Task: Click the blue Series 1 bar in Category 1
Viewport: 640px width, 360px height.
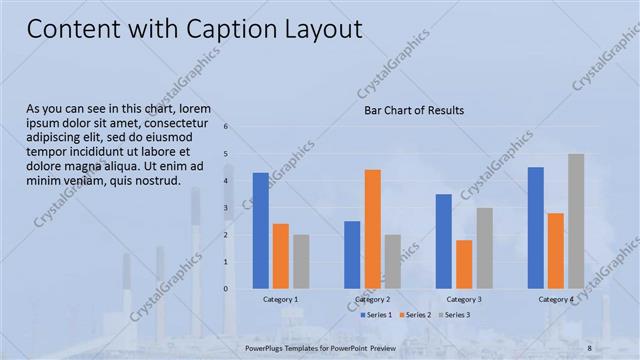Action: [x=260, y=231]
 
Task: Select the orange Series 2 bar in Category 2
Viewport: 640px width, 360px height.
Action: [x=372, y=229]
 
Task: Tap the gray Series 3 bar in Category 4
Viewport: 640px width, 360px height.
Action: [x=576, y=221]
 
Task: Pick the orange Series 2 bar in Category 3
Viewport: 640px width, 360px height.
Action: [x=464, y=264]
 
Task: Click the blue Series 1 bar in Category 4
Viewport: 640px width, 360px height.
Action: [x=536, y=228]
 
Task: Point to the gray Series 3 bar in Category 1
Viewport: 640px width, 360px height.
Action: [x=301, y=262]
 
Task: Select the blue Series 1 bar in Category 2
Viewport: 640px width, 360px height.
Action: [x=352, y=255]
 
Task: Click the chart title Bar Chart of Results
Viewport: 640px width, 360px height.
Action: [x=413, y=110]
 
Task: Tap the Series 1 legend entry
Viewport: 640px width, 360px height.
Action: [x=374, y=315]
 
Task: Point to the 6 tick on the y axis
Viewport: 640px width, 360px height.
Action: [x=226, y=127]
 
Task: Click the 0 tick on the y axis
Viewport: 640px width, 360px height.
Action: [x=226, y=289]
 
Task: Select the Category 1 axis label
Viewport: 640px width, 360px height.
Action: [x=280, y=299]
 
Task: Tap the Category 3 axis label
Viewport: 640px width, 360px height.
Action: [x=464, y=299]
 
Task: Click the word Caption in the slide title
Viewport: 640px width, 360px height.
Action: [x=218, y=30]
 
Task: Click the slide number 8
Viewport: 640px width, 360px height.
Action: [x=589, y=347]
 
